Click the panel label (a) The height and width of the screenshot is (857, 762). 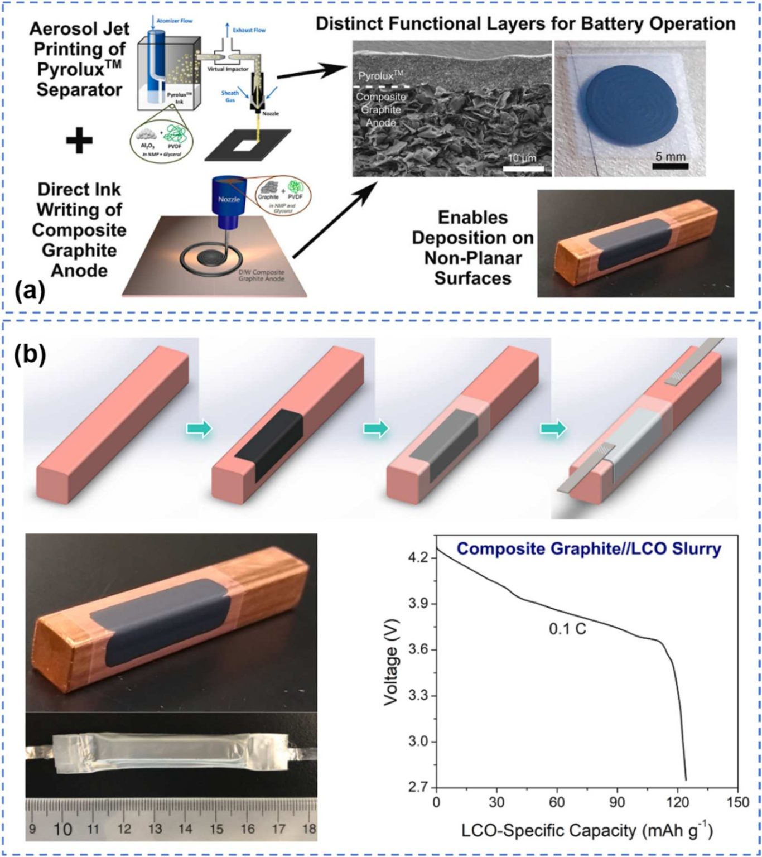pyautogui.click(x=30, y=291)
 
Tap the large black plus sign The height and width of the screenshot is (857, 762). pyautogui.click(x=79, y=141)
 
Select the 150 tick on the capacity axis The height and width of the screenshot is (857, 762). pyautogui.click(x=738, y=802)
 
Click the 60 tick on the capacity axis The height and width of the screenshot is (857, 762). pyautogui.click(x=557, y=802)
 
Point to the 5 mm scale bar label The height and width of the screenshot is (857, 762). pyautogui.click(x=670, y=156)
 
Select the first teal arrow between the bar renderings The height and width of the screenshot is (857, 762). pyautogui.click(x=199, y=429)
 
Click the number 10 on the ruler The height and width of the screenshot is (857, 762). pyautogui.click(x=62, y=829)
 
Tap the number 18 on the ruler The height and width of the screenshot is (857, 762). pyautogui.click(x=308, y=829)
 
